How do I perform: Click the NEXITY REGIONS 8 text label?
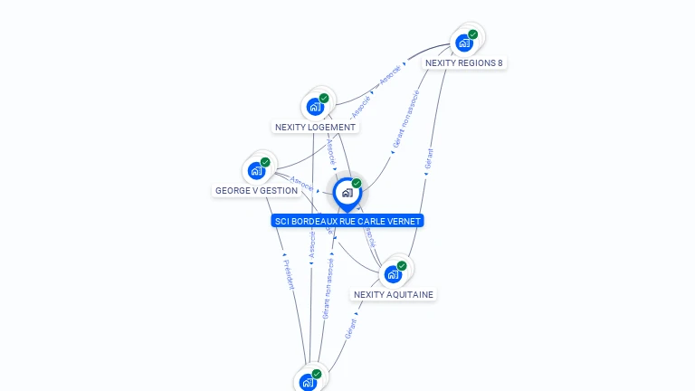(x=464, y=63)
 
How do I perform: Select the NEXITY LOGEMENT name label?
(x=316, y=128)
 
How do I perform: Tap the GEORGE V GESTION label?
(x=256, y=191)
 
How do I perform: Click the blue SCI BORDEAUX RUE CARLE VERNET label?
(x=347, y=221)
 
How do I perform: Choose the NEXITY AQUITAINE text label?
(x=394, y=295)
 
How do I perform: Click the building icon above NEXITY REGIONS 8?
(x=464, y=43)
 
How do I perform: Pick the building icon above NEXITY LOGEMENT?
(x=315, y=106)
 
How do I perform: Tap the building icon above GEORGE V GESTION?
(x=256, y=170)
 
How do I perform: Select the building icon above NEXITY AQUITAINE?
(x=393, y=273)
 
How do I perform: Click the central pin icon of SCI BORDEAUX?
(x=347, y=192)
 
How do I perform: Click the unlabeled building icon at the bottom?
(x=309, y=382)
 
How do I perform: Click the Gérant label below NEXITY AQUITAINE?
(x=350, y=328)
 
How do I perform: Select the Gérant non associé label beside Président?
(x=328, y=287)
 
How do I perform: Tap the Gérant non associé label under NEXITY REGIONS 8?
(x=405, y=119)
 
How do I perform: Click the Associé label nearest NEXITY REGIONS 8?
(x=390, y=75)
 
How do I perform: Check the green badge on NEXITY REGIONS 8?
(x=473, y=34)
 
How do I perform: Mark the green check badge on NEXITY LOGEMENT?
(x=324, y=98)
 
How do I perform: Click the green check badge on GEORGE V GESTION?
(x=265, y=162)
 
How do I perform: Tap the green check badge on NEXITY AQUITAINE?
(x=402, y=265)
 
